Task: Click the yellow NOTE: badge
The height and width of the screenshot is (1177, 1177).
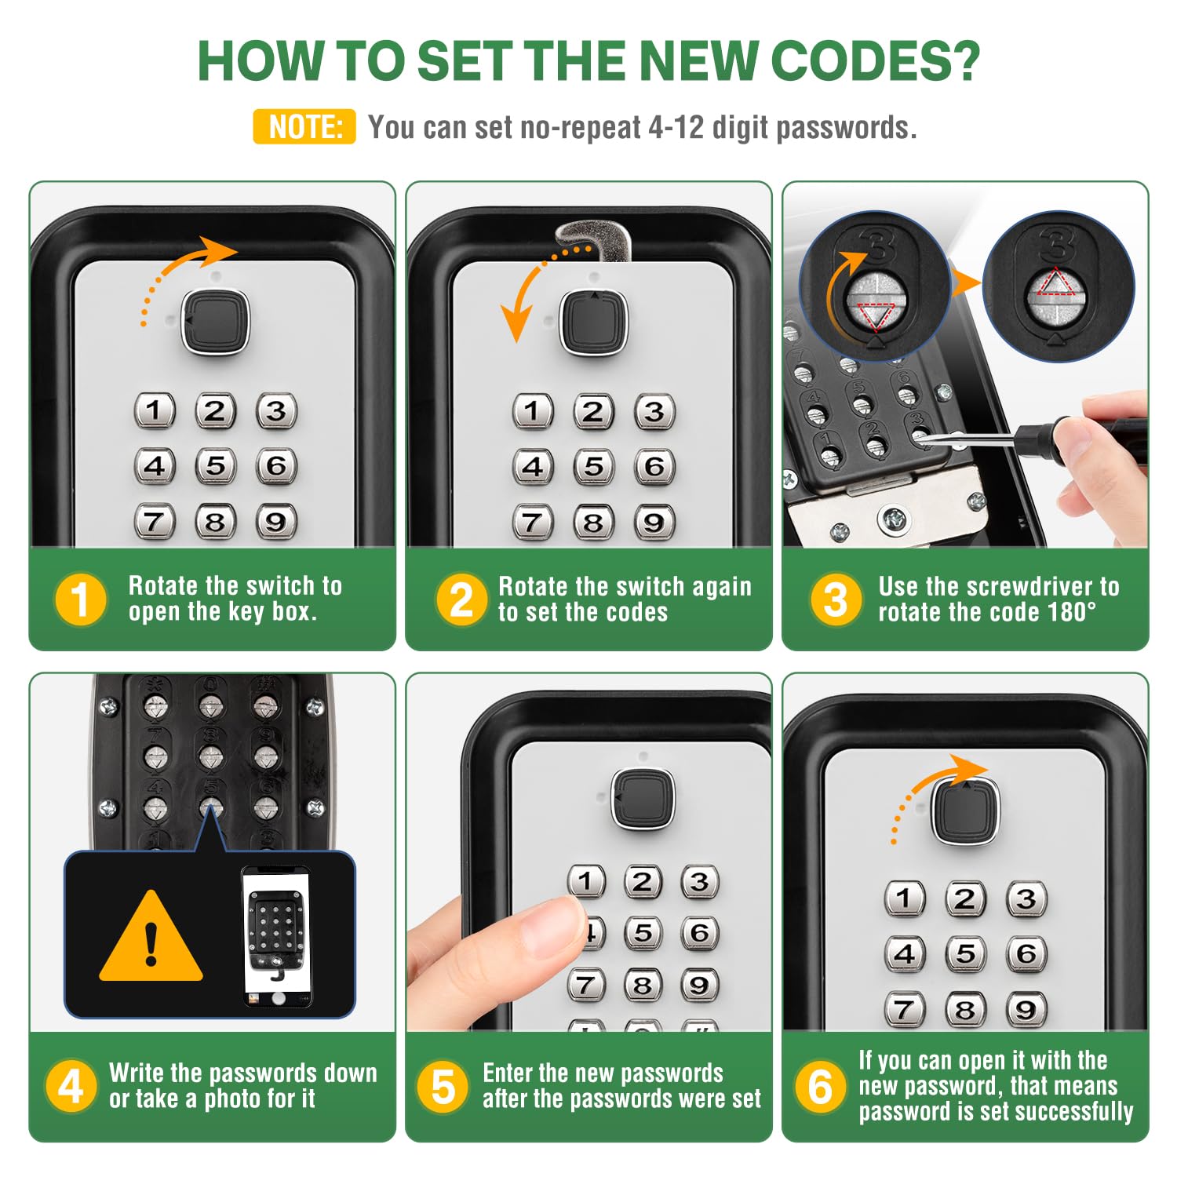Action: click(304, 126)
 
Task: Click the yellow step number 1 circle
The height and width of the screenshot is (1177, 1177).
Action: click(79, 599)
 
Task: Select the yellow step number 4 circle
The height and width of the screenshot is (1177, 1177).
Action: click(71, 1086)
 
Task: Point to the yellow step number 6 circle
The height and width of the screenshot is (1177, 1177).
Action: click(820, 1086)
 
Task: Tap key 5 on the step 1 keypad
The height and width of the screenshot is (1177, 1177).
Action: click(215, 465)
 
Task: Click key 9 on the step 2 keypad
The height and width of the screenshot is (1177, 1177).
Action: click(654, 522)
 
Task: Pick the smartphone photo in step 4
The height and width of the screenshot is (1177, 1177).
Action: click(275, 937)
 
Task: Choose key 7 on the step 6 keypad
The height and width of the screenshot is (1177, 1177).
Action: click(904, 1009)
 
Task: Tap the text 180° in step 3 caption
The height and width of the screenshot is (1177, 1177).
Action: click(1073, 612)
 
